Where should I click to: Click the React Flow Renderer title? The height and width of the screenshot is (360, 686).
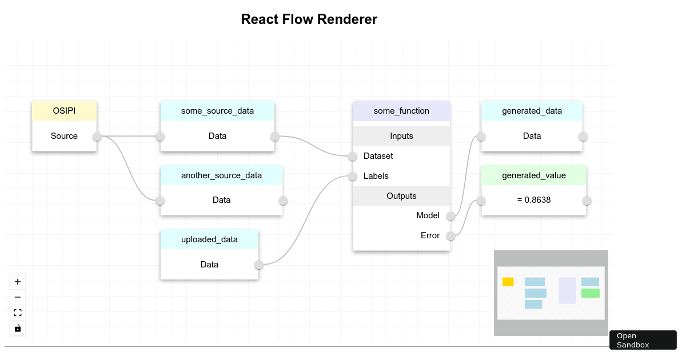309,19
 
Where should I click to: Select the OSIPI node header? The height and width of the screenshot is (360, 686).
64,111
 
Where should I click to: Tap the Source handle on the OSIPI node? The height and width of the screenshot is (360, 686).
97,136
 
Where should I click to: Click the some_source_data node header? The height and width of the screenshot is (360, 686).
217,111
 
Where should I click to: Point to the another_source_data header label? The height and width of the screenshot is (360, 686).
221,175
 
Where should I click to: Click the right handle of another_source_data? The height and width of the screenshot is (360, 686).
283,201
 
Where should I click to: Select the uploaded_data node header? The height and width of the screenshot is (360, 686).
209,239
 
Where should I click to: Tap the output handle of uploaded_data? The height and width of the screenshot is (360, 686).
259,265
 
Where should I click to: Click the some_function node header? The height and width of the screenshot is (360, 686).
401,111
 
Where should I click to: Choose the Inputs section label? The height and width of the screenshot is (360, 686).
401,136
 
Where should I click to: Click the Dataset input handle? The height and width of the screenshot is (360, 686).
353,156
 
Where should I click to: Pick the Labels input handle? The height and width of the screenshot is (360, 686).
353,176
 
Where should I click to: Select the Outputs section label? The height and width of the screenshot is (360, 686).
401,196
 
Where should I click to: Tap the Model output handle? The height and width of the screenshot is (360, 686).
450,215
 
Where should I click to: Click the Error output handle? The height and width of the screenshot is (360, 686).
450,235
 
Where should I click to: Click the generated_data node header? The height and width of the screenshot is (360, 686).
532,111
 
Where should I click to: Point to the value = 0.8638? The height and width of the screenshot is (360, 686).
534,201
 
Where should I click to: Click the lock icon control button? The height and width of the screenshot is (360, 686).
18,329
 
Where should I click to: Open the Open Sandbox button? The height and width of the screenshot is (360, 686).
643,340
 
